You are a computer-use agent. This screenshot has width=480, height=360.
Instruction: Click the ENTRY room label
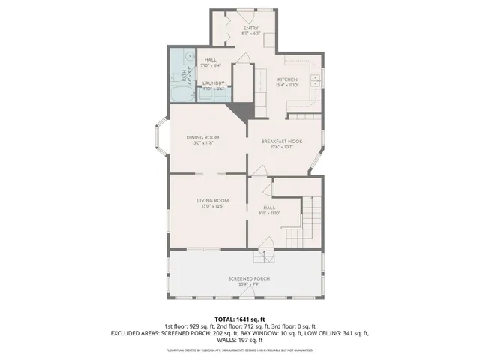(x=240, y=28)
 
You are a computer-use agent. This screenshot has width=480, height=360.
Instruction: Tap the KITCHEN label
(x=288, y=79)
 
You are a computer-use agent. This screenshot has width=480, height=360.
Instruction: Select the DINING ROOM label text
(x=202, y=137)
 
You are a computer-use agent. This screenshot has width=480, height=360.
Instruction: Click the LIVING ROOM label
(x=212, y=201)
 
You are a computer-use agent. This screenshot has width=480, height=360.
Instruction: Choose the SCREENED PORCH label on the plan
(x=249, y=278)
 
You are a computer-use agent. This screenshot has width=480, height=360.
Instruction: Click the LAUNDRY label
(x=212, y=83)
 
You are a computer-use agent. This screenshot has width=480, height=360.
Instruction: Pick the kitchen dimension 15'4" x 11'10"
(x=288, y=86)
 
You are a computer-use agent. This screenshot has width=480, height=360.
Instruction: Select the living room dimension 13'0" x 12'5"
(x=212, y=208)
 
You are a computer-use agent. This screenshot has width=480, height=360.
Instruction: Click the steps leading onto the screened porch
(x=262, y=257)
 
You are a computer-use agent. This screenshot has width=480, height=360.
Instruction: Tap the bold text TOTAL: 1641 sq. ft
(x=239, y=318)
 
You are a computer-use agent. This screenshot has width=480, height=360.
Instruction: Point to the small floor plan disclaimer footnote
(x=239, y=350)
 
